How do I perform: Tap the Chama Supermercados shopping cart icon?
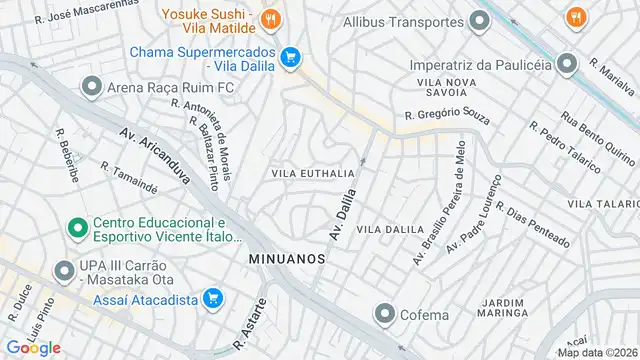[x=290, y=58]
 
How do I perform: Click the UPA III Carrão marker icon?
[x=65, y=269]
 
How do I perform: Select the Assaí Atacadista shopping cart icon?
[x=212, y=297]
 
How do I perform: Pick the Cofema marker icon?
[x=383, y=315]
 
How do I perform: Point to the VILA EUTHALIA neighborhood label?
[x=313, y=173]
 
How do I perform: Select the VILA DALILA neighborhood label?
[x=390, y=229]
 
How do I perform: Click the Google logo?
[x=34, y=347]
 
